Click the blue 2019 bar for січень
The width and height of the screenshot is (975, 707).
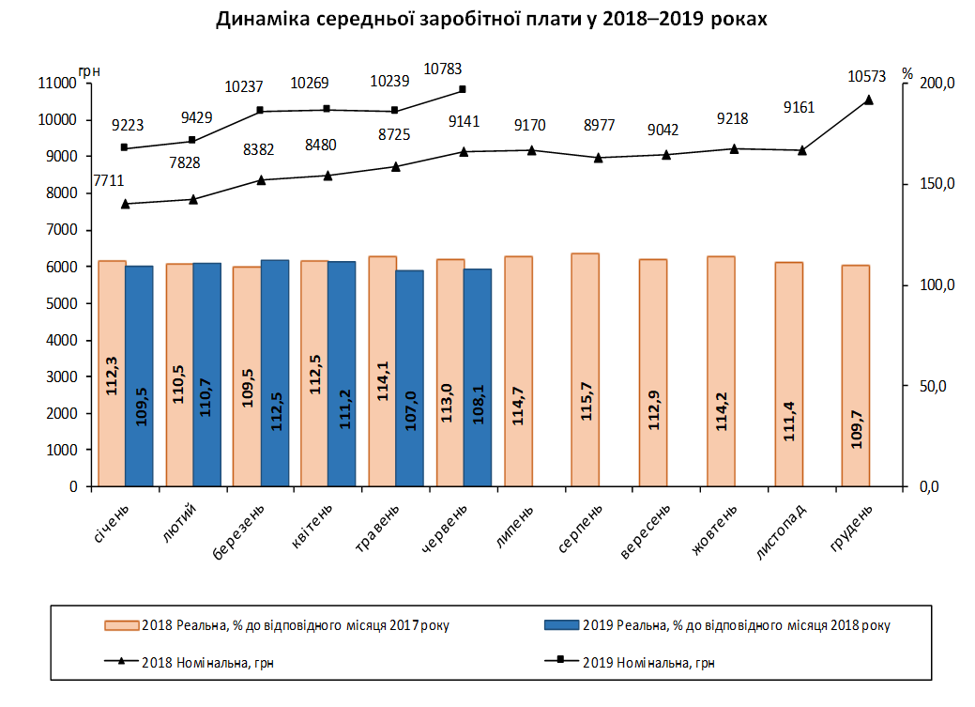139,376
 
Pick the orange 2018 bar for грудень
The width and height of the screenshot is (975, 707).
855,376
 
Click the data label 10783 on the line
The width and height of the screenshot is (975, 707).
444,69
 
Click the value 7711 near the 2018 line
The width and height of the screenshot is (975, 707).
109,180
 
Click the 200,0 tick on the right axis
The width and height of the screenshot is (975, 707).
937,84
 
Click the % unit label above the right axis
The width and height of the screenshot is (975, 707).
906,72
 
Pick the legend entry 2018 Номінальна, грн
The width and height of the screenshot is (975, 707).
207,663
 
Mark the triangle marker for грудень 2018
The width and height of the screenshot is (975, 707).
868,100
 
